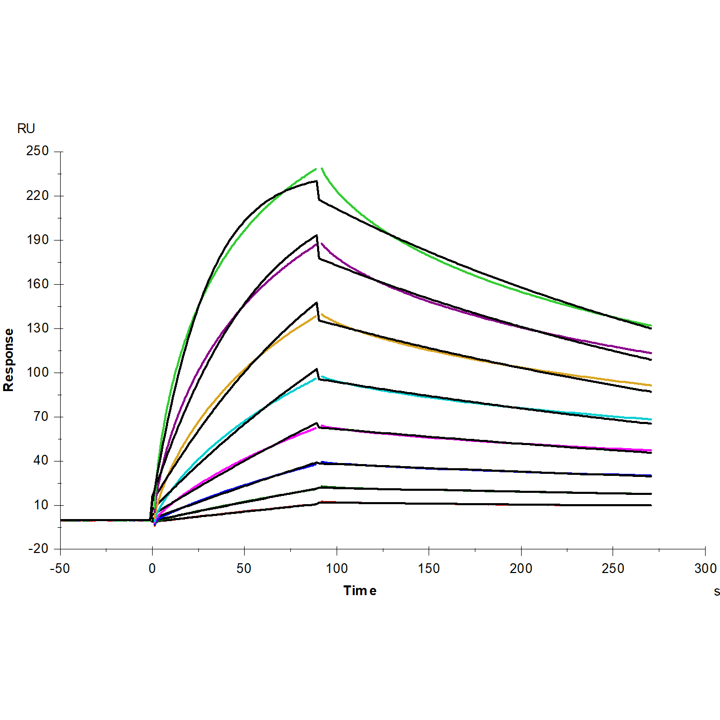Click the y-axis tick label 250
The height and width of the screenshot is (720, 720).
pyautogui.click(x=38, y=151)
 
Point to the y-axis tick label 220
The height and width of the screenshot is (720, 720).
pyautogui.click(x=38, y=195)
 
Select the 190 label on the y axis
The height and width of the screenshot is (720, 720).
pyautogui.click(x=38, y=239)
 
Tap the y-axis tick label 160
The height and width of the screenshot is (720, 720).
pyautogui.click(x=38, y=284)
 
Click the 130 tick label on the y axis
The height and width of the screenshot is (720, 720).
pyautogui.click(x=38, y=328)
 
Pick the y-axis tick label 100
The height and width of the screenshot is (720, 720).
pyautogui.click(x=38, y=372)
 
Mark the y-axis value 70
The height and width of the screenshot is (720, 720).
pyautogui.click(x=41, y=416)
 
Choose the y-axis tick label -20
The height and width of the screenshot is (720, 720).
pyautogui.click(x=38, y=549)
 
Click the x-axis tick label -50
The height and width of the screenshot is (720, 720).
pyautogui.click(x=60, y=568)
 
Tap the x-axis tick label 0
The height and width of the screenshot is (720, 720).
pyautogui.click(x=152, y=568)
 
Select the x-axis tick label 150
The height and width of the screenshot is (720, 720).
pyautogui.click(x=429, y=568)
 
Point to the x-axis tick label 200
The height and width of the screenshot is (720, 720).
pyautogui.click(x=521, y=568)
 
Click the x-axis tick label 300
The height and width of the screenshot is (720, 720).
pyautogui.click(x=705, y=568)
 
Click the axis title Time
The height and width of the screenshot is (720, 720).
pyautogui.click(x=360, y=591)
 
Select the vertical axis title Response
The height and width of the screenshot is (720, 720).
pyautogui.click(x=9, y=360)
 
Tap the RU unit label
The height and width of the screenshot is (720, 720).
pyautogui.click(x=26, y=128)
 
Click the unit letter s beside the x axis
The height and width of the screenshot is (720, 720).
pyautogui.click(x=716, y=592)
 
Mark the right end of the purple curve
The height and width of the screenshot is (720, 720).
pyautogui.click(x=651, y=353)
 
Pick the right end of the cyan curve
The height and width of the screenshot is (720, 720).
pyautogui.click(x=651, y=419)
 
